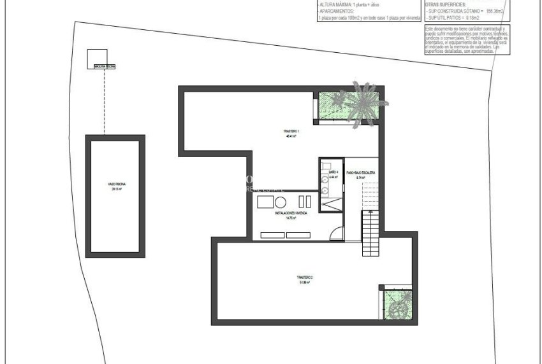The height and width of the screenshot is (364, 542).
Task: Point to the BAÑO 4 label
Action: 333,173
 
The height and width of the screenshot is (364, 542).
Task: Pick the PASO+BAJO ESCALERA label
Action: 360,173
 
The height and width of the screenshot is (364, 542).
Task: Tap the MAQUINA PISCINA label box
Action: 105,66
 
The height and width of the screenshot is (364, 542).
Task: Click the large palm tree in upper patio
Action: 358,101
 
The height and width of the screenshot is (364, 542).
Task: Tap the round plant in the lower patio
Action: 400,309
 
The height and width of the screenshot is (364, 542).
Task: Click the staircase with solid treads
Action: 370,234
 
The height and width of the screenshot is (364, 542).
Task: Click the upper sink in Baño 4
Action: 325,179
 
